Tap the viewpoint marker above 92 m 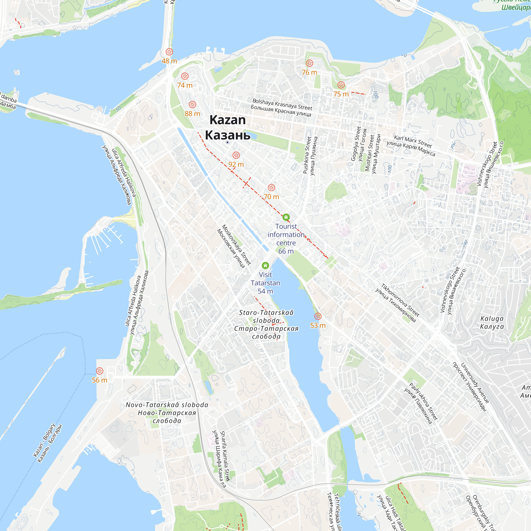236,155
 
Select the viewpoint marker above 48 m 169,52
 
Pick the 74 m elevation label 185,85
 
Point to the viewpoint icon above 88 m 192,104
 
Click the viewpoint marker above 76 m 310,63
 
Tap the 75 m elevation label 341,94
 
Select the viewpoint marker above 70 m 271,188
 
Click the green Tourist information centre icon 286,217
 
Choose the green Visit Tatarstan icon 265,265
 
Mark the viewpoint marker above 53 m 318,316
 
